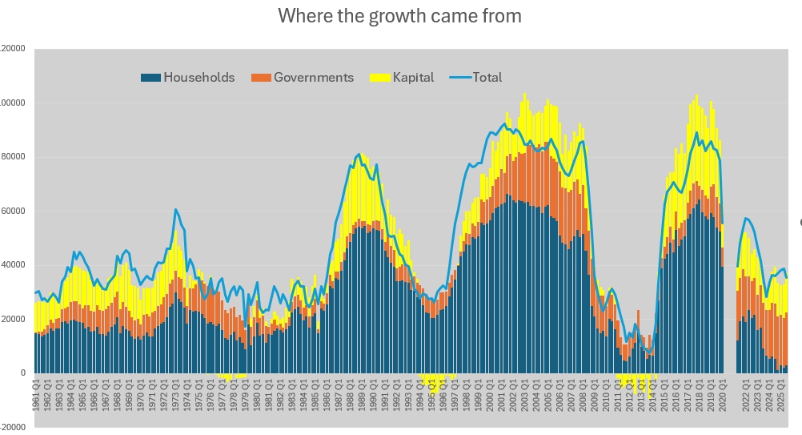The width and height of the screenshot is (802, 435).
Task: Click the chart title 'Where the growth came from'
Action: pos(399,16)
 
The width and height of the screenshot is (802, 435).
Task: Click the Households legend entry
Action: pos(198,78)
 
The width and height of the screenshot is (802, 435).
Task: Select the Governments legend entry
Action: pos(313,78)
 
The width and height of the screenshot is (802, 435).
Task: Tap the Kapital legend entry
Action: pos(413,78)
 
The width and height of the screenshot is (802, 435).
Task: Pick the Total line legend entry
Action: pos(487,78)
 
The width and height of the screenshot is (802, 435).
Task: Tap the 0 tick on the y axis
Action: pos(23,373)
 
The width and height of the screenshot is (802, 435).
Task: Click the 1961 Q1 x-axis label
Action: pos(37,395)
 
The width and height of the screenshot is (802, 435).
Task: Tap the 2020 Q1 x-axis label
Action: pos(724,395)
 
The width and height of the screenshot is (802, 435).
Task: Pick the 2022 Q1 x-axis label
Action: pos(747,395)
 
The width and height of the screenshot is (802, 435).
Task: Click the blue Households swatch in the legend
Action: pos(150,78)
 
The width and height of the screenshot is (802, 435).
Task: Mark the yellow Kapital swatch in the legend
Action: pos(380,78)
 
